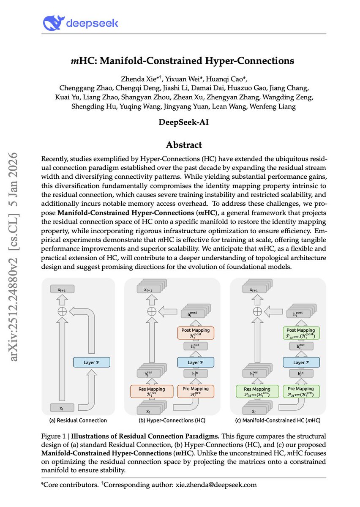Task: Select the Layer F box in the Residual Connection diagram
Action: tap(91, 362)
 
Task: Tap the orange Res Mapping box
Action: tap(151, 391)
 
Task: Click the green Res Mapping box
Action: tap(257, 391)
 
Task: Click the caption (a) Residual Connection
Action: tap(79, 420)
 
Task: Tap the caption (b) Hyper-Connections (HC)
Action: tap(172, 420)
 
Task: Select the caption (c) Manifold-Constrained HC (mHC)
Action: tap(278, 420)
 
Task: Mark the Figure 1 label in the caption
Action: tap(54, 436)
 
